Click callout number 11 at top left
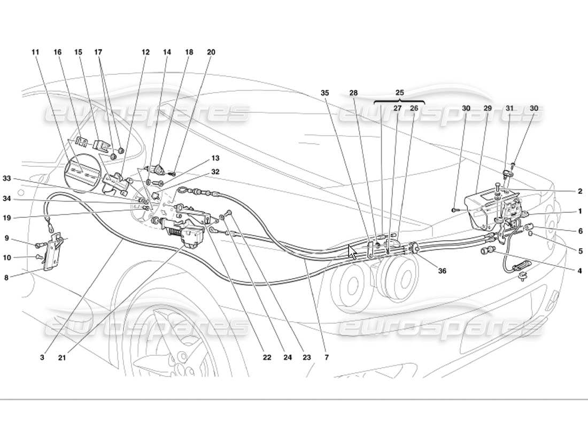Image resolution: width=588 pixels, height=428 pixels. [x=35, y=52]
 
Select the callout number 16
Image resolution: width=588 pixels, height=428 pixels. [x=57, y=52]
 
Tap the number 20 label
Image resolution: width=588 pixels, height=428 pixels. [x=211, y=52]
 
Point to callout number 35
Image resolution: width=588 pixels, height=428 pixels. [x=324, y=93]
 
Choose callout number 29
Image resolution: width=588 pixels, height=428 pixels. [x=487, y=108]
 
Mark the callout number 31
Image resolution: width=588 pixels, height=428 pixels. [x=510, y=108]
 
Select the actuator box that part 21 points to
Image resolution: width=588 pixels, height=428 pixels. [x=192, y=236]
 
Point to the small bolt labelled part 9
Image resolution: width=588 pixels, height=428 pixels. [x=38, y=246]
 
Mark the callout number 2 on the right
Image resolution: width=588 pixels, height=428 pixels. [x=579, y=191]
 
